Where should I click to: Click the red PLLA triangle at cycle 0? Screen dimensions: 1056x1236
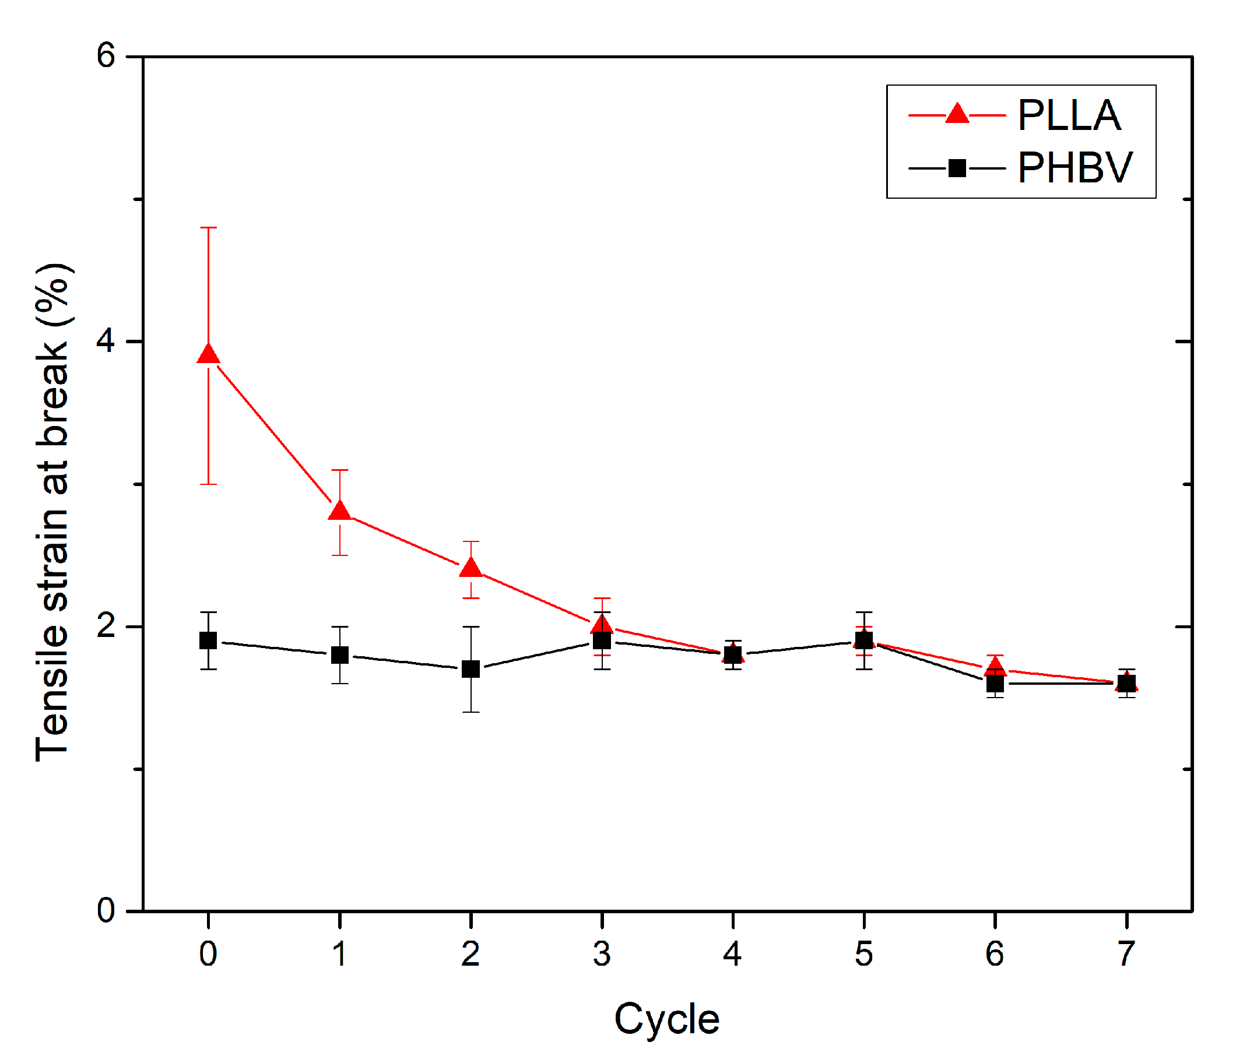(x=208, y=355)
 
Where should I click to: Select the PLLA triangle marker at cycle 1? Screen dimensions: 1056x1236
(x=340, y=512)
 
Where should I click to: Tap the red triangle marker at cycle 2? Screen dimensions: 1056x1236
(x=471, y=568)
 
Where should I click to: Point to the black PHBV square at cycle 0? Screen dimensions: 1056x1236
(x=208, y=640)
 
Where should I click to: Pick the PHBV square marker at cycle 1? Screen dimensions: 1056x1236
(x=340, y=654)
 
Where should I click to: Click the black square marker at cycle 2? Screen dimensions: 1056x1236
(x=471, y=669)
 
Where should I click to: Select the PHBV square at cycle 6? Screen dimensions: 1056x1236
(x=995, y=684)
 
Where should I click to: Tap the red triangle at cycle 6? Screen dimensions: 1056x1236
(x=995, y=666)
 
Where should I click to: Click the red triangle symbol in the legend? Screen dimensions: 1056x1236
(x=957, y=114)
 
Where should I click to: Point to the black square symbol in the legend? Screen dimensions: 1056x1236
(x=957, y=168)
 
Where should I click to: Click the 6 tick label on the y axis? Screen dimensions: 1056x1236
(x=106, y=56)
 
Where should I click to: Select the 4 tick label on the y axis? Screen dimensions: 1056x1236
(x=106, y=341)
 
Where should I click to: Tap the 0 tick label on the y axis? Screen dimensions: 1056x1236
(x=106, y=910)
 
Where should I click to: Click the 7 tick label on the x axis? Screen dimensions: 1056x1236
(x=1126, y=953)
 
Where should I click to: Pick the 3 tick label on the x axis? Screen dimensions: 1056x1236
(x=602, y=953)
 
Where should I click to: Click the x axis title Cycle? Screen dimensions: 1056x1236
(x=667, y=1019)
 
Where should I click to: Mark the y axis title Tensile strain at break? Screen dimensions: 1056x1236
(x=52, y=513)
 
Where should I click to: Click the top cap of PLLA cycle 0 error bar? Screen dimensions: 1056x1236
(x=208, y=228)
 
